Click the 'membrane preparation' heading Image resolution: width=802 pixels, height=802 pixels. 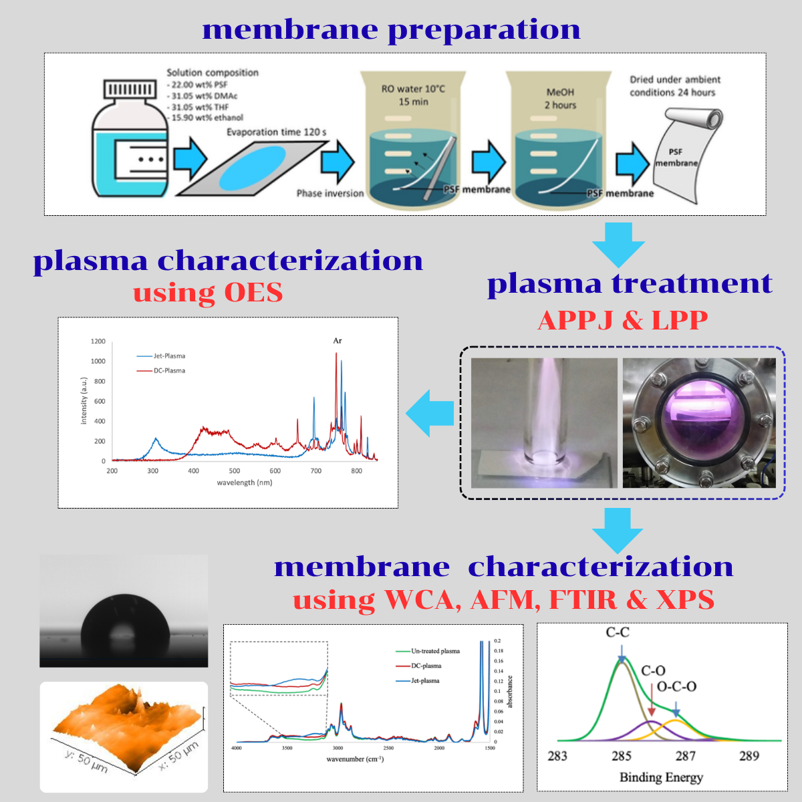point(391,30)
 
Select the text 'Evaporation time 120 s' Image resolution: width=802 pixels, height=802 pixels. point(276,132)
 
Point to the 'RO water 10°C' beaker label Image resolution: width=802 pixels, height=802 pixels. point(413,89)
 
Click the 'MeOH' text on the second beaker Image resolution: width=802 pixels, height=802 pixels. point(560,92)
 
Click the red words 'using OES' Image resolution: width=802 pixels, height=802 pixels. point(208,293)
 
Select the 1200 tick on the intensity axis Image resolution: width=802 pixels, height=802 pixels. point(98,342)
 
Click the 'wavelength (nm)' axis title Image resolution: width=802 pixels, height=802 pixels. point(245,483)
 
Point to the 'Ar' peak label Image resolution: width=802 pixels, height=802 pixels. point(338,341)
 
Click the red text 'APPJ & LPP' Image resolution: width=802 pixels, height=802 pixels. point(622,320)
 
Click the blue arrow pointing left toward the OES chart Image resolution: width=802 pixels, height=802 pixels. point(430,414)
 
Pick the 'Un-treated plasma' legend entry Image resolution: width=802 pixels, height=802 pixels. point(435,651)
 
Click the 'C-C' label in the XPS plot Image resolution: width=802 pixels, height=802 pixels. point(618,632)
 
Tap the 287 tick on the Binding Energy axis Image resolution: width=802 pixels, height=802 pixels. point(686,756)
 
